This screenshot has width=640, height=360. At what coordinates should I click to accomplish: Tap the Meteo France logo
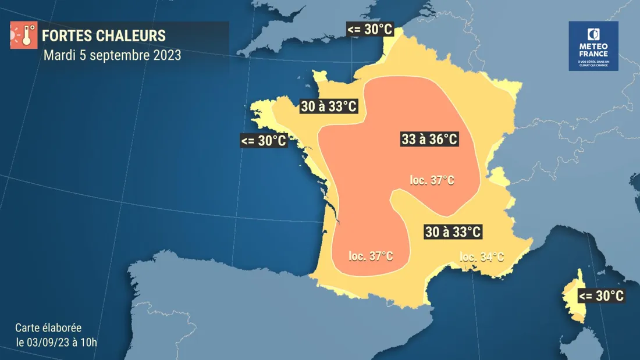(593, 47)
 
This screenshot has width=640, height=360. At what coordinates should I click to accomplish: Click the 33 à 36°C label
(429, 140)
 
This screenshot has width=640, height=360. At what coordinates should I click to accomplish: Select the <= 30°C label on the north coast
(370, 29)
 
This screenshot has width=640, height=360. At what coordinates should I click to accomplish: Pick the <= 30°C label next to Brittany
(264, 140)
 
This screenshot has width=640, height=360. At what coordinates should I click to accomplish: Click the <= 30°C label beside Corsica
(602, 295)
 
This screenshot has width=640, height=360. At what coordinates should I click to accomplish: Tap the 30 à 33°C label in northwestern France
(328, 106)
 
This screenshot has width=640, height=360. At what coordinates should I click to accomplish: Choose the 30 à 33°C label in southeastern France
(452, 231)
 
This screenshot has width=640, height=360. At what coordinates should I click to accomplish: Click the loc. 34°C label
(482, 256)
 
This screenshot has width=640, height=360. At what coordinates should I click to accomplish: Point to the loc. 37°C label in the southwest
(371, 256)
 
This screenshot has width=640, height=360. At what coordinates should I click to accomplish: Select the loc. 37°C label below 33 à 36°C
(432, 180)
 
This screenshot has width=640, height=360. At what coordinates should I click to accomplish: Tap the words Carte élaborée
(48, 327)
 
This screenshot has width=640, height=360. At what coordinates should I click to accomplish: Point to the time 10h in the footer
(90, 341)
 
